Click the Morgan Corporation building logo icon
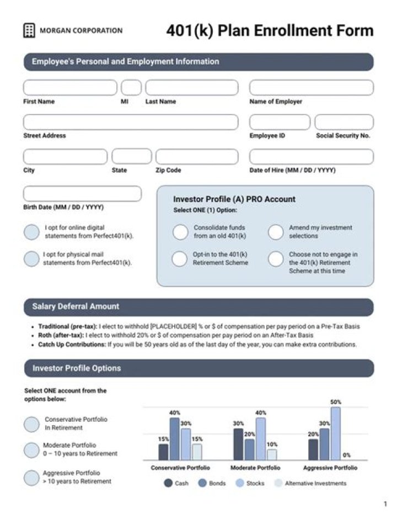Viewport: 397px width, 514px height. point(29,31)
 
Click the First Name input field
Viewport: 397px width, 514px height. point(70,88)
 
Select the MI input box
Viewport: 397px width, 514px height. point(131,88)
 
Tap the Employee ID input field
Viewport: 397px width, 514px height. point(280,122)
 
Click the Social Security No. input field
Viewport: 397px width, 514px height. point(344,122)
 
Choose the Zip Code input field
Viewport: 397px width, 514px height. point(197,157)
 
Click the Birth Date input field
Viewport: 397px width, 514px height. point(82,194)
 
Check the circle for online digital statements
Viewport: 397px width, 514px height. point(31,232)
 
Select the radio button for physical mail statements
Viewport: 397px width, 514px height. point(31,259)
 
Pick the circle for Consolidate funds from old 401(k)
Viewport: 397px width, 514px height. point(180,232)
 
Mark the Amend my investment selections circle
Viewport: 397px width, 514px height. point(276,232)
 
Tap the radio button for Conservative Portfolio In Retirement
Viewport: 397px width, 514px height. point(32,424)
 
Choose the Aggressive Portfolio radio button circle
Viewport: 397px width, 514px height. point(32,478)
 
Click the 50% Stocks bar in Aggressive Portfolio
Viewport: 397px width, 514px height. point(335,433)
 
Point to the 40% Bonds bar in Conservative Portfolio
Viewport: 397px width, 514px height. point(174,439)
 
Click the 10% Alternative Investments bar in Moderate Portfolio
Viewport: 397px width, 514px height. point(272,454)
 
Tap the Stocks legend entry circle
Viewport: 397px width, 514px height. point(239,483)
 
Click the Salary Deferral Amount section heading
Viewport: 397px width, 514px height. point(76,306)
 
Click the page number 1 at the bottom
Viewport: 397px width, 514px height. point(385,504)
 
